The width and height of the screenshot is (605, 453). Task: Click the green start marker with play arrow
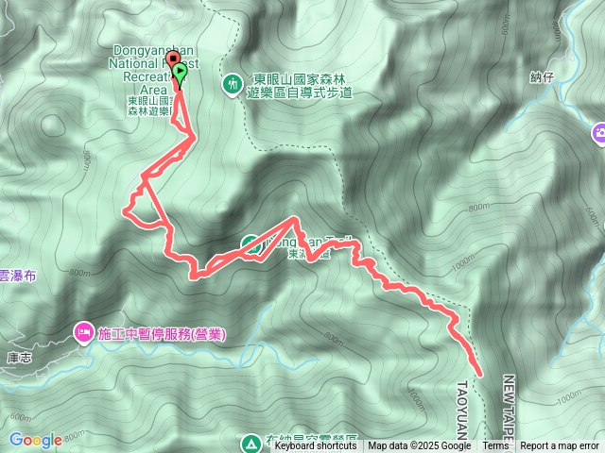(x=180, y=72)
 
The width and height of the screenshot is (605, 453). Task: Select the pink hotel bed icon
(x=83, y=332)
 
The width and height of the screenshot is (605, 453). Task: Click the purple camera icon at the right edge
(x=598, y=134)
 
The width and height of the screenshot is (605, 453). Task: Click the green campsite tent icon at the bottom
(x=251, y=442)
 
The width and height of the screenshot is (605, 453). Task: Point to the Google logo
(x=35, y=440)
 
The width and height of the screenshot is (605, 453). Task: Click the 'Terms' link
(x=495, y=446)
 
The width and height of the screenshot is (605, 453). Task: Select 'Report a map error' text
(x=560, y=446)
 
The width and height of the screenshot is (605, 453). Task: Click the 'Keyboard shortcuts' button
(x=316, y=446)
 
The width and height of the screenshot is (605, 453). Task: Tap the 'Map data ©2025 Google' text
(x=420, y=446)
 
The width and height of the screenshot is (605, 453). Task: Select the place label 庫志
(x=19, y=358)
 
